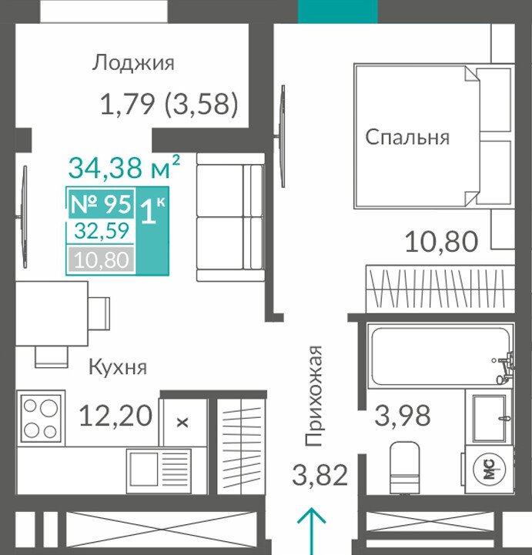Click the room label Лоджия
point(133,63)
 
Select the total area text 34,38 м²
point(124,167)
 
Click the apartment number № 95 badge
point(101,204)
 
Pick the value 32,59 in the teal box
point(102,231)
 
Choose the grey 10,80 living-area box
point(102,260)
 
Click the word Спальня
point(407,137)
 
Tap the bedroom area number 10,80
point(441,242)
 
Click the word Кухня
point(118,367)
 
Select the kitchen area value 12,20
point(116,416)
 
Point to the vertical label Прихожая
point(313,396)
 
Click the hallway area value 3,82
point(320,476)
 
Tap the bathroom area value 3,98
point(403,415)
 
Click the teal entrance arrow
point(312,531)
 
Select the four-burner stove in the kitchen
point(41,418)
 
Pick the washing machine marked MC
point(489,470)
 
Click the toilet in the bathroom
point(404,467)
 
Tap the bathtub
point(440,356)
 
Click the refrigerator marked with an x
point(182,423)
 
